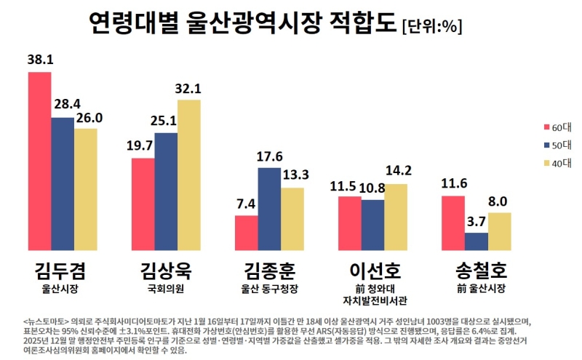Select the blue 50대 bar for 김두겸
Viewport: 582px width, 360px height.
pos(63,185)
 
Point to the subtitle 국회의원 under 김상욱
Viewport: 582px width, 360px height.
pos(166,289)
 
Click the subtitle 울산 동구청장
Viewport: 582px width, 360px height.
pos(270,289)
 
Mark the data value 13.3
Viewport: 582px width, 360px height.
pos(294,176)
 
